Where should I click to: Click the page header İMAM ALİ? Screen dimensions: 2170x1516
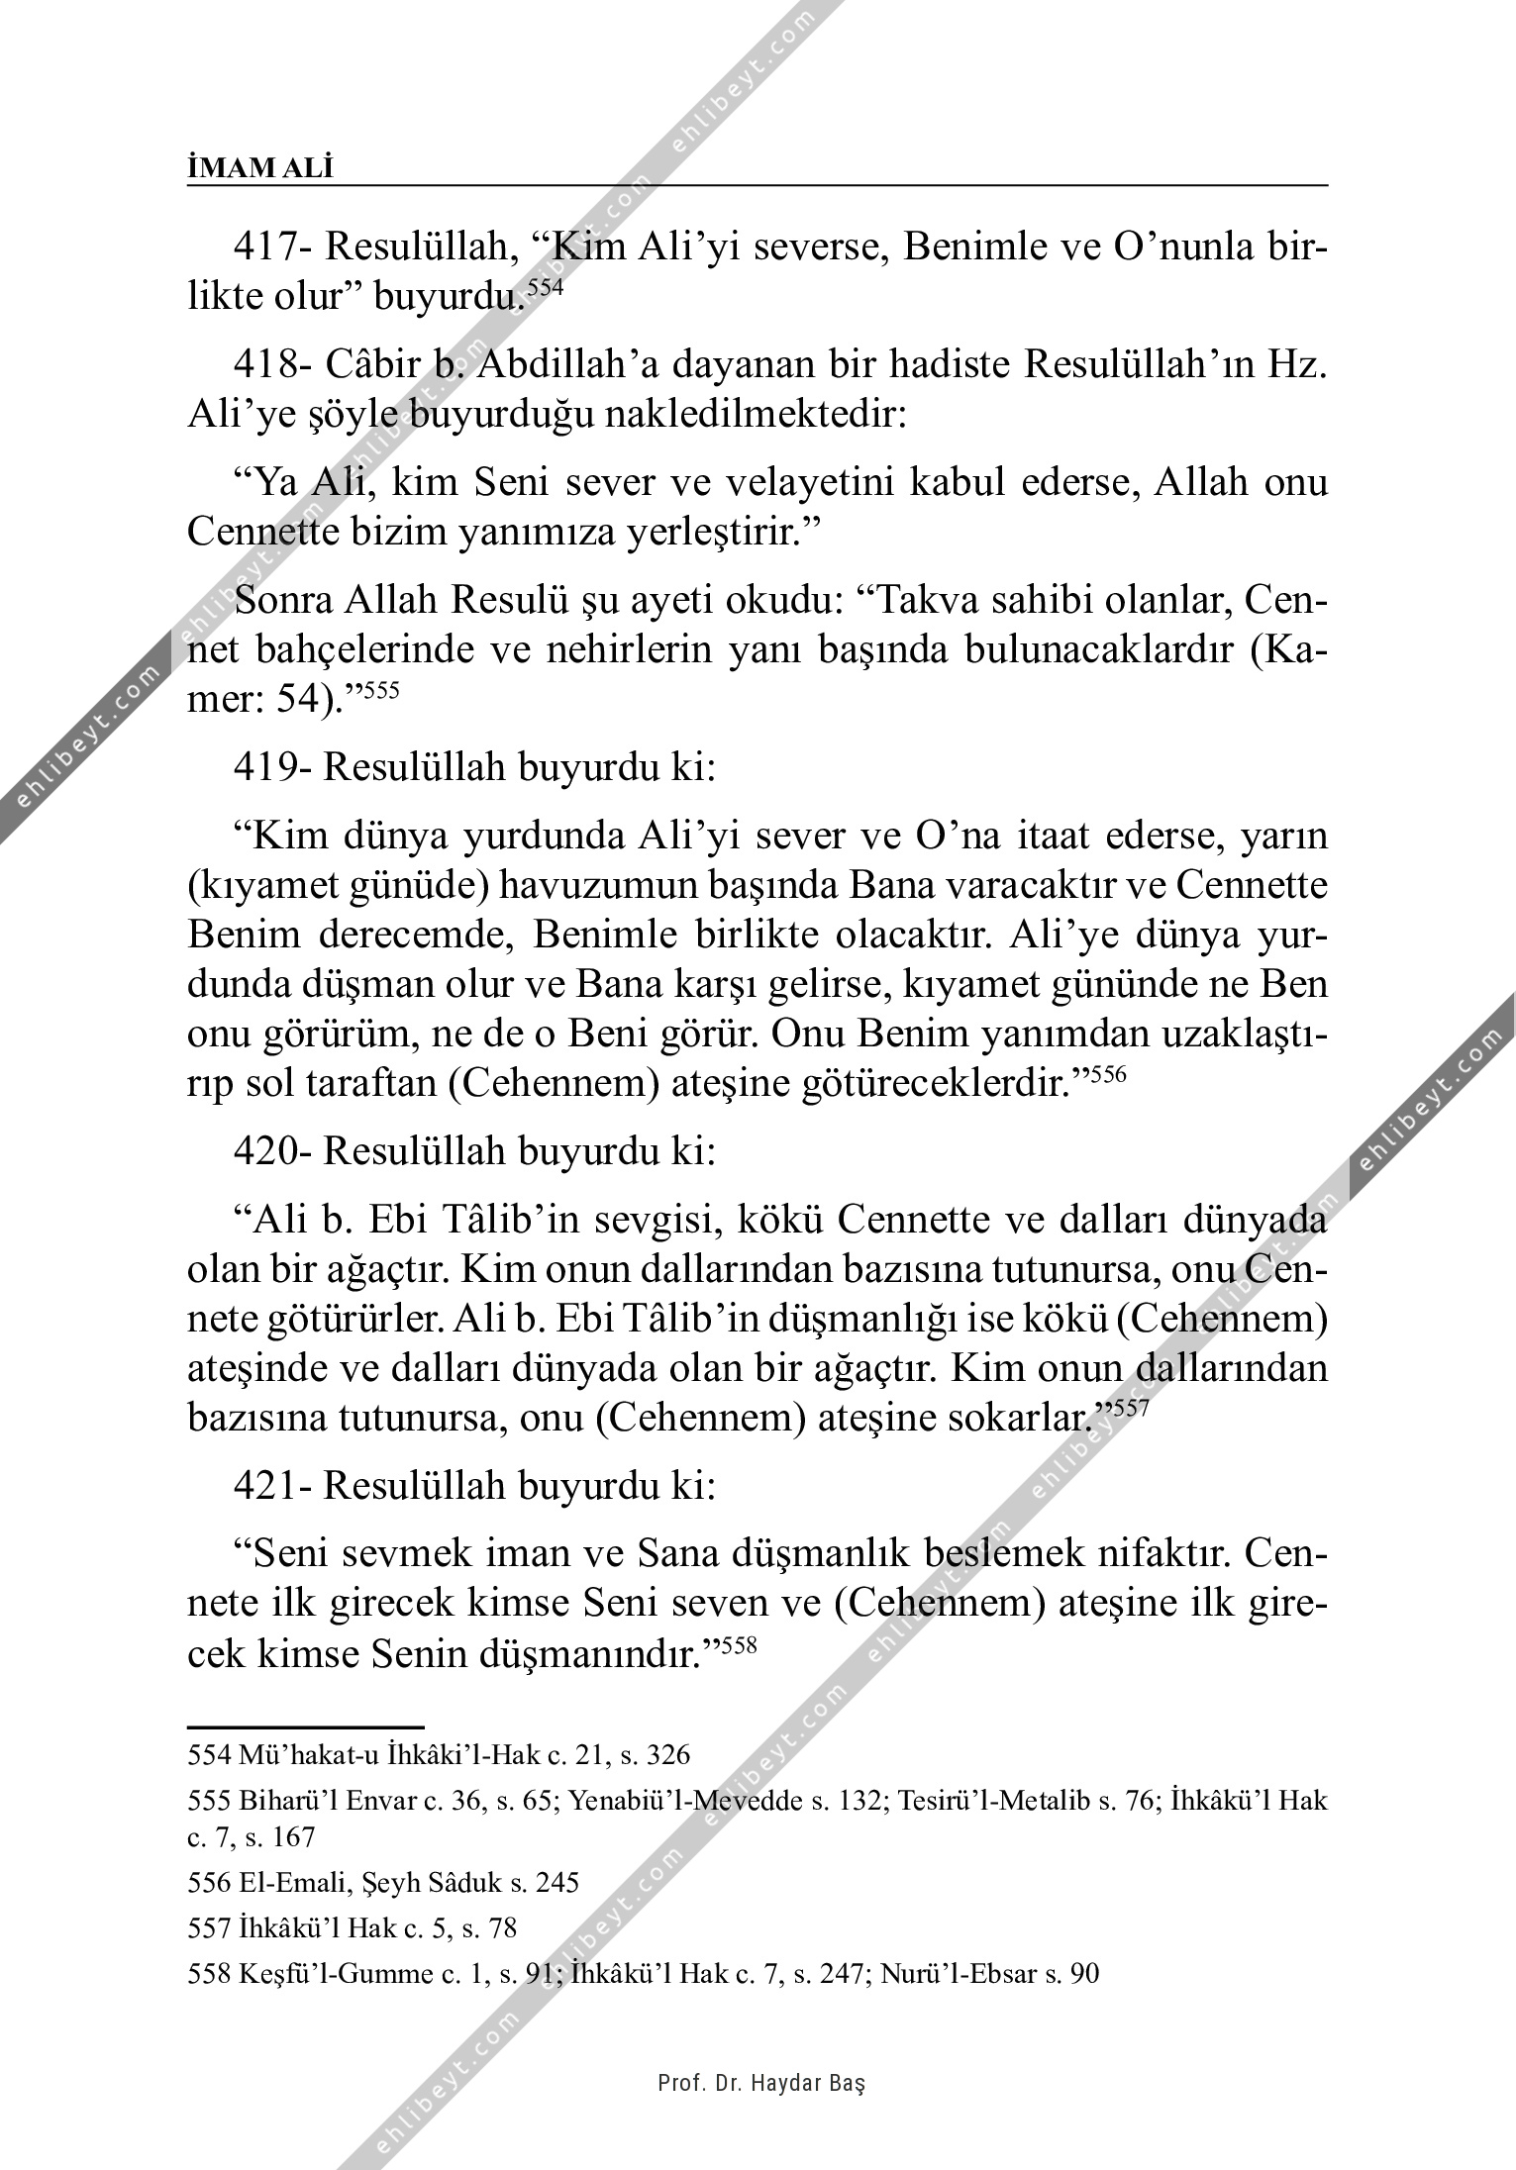tap(260, 168)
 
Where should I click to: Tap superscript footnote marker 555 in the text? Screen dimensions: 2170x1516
tap(382, 691)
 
